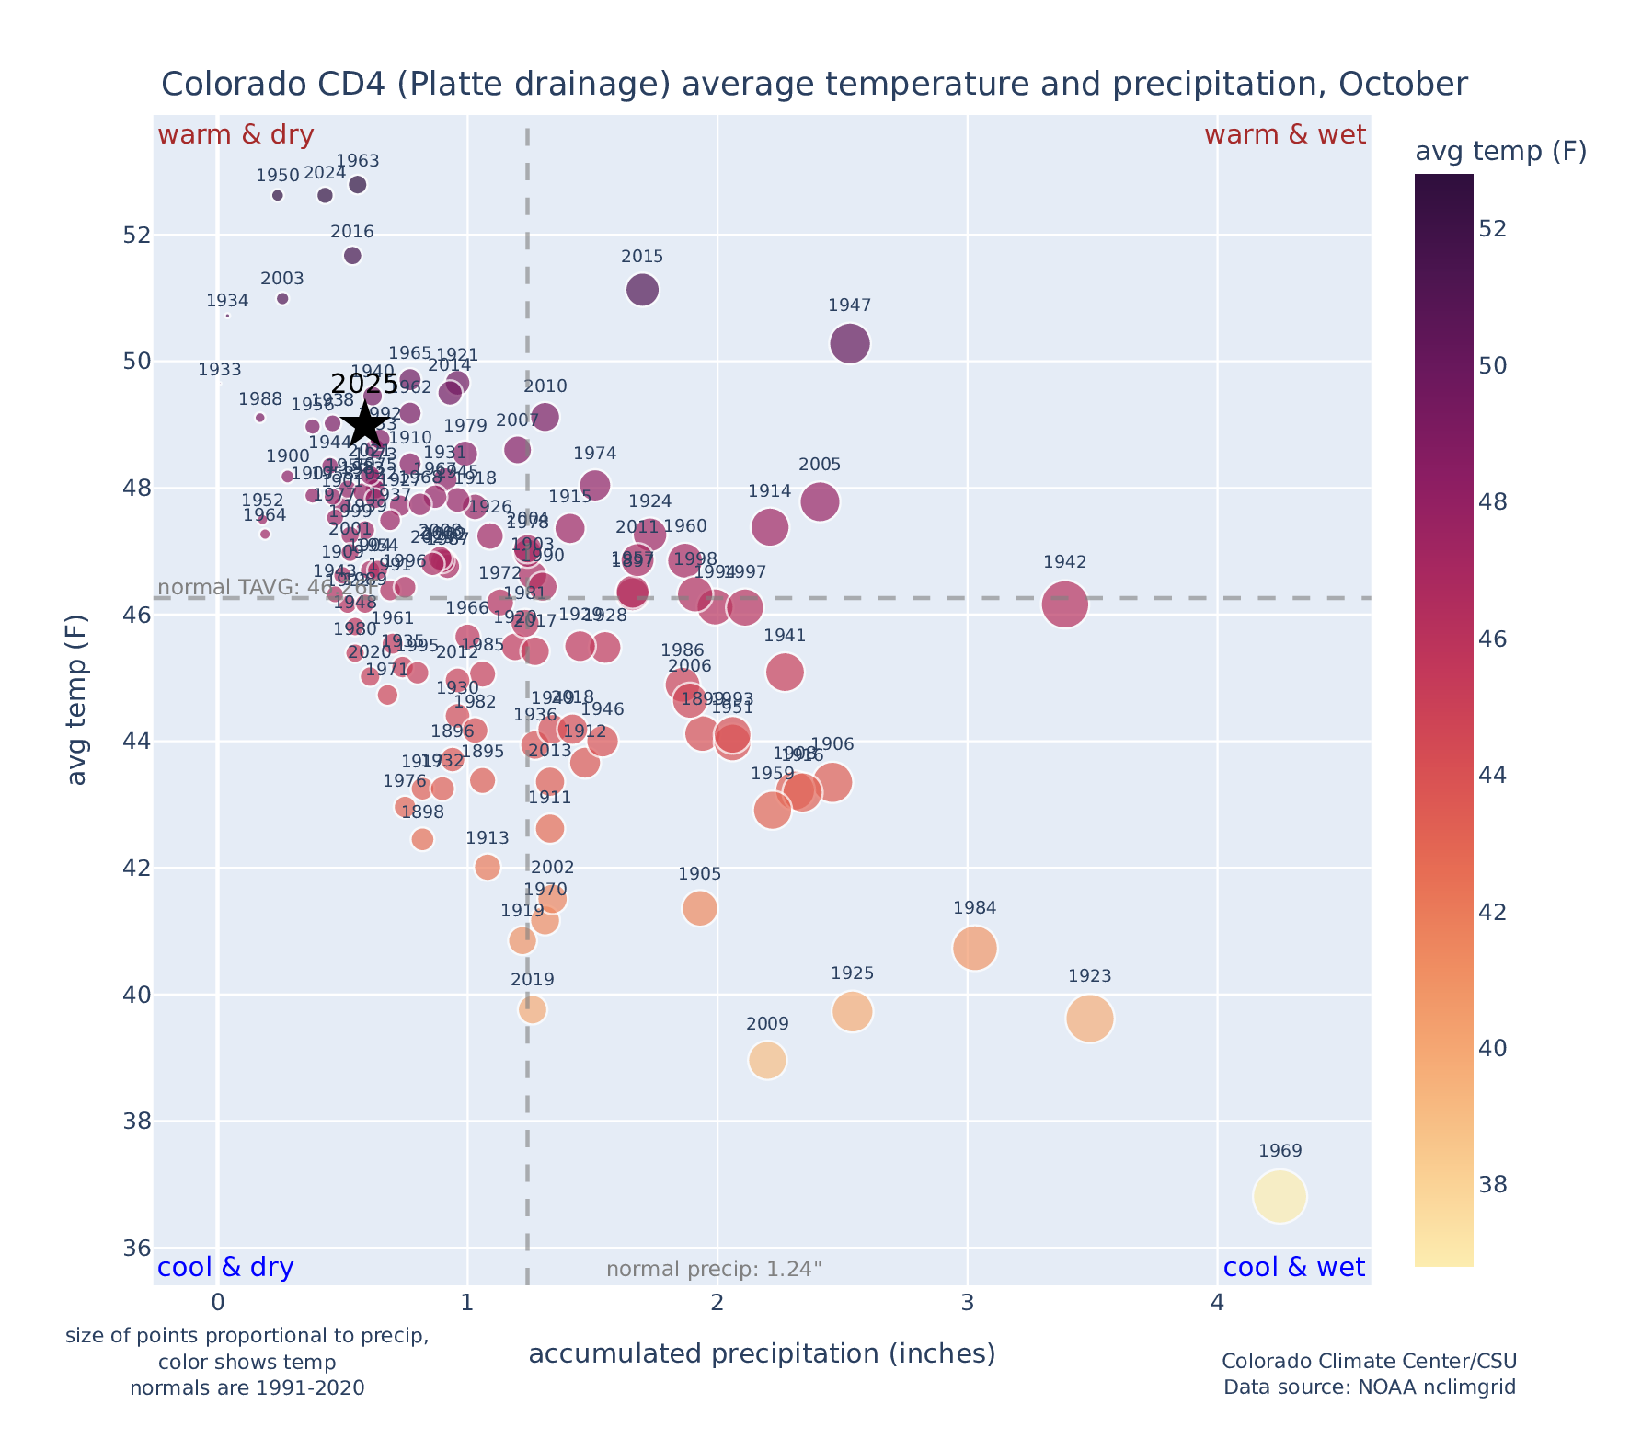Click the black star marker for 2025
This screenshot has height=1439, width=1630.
(x=365, y=424)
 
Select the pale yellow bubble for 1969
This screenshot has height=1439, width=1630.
(x=1279, y=1197)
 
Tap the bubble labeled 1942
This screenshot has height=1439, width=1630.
(x=1065, y=604)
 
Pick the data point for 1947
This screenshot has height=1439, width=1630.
(x=850, y=344)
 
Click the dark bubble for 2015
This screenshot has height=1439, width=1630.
(x=643, y=290)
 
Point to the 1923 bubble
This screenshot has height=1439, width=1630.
(x=1090, y=1019)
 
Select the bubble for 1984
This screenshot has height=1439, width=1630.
(x=975, y=949)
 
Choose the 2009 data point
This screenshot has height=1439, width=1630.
(x=767, y=1061)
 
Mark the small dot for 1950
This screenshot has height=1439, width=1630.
(x=278, y=195)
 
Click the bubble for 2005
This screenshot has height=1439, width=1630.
(x=820, y=502)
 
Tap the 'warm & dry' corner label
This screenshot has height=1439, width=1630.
(x=236, y=135)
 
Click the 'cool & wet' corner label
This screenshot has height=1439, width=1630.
(x=1293, y=1268)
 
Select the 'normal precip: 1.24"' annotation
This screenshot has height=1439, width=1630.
(x=714, y=1270)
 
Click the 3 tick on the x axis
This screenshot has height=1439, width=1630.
(x=967, y=1304)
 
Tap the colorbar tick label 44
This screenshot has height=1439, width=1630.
(x=1494, y=776)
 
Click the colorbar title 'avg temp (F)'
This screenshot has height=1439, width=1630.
(x=1500, y=152)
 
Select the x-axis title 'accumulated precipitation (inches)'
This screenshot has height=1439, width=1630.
(x=762, y=1353)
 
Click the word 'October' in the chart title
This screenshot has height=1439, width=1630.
(x=1403, y=85)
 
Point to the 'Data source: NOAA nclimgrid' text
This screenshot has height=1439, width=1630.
(x=1369, y=1387)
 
